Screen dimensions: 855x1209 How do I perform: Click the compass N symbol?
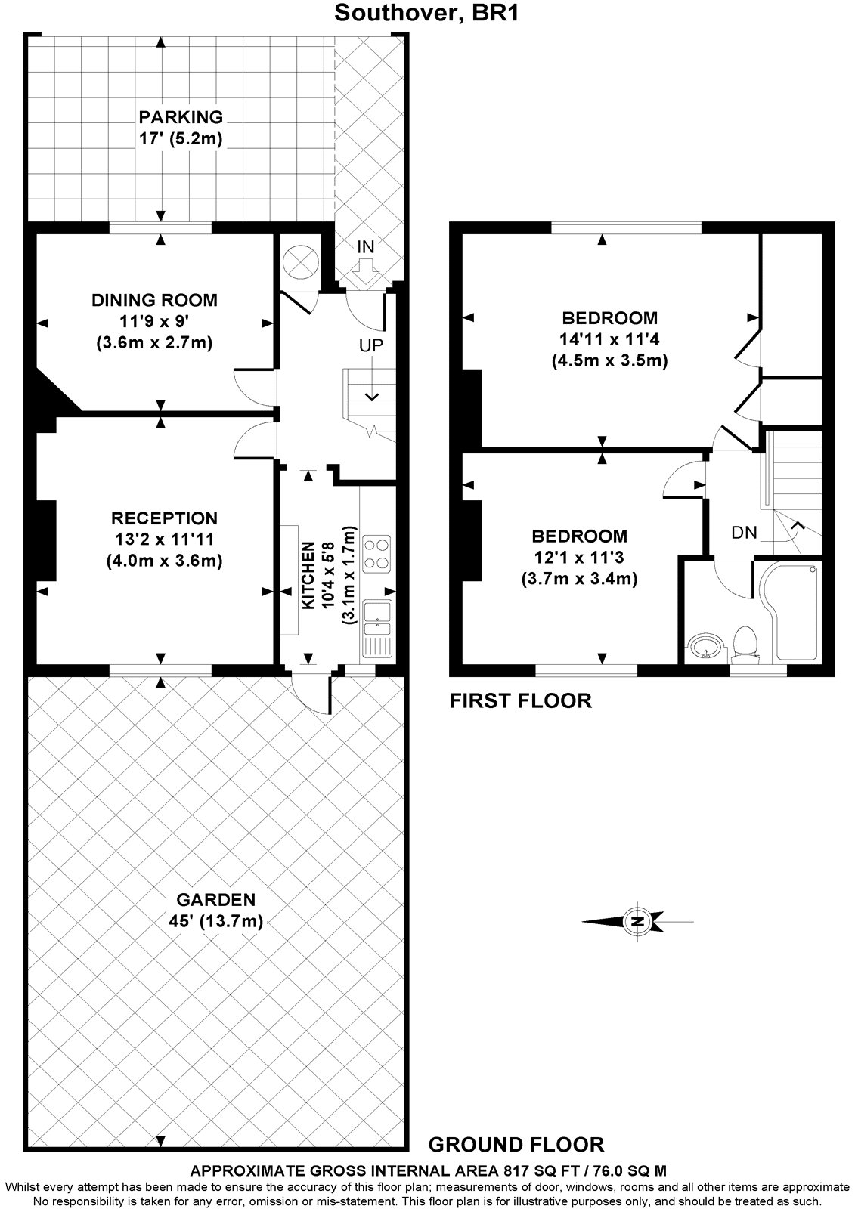637,921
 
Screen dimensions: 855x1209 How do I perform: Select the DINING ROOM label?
154,301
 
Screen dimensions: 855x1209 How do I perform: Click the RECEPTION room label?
164,518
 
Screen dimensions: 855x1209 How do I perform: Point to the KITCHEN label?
308,575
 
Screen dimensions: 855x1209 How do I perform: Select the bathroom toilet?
745,643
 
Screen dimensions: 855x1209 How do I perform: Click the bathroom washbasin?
705,645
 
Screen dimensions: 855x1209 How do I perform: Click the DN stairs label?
745,533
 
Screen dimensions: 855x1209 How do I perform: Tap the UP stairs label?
371,345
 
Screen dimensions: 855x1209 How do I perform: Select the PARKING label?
181,117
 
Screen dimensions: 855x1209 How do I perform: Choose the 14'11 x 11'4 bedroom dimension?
609,339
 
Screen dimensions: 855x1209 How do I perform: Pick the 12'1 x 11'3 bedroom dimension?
579,557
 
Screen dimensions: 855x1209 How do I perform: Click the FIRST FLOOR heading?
521,700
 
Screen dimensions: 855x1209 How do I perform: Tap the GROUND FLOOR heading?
516,1144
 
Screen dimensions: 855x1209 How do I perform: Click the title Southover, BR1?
426,12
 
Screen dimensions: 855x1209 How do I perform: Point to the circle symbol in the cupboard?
300,262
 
